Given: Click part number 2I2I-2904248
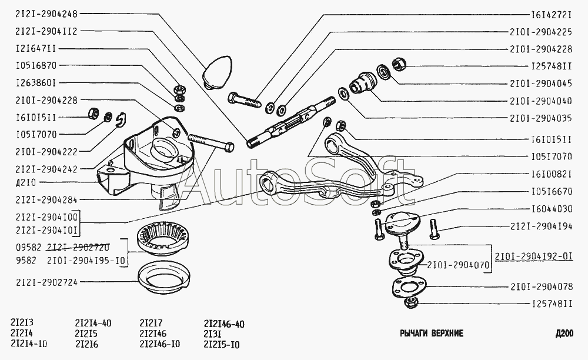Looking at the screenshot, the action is [x=46, y=14].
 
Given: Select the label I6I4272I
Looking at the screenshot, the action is [x=552, y=15].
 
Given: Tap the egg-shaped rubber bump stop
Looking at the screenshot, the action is [x=218, y=72].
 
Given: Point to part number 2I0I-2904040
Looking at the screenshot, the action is [x=541, y=101].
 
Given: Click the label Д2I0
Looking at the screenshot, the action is [x=26, y=182].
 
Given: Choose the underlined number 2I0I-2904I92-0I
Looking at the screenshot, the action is [x=534, y=256].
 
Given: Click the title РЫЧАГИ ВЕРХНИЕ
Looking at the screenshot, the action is [x=431, y=334].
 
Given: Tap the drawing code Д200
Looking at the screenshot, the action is [x=564, y=334].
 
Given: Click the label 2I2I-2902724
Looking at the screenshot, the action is [x=46, y=282].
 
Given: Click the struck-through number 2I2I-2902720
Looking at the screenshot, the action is [x=78, y=247].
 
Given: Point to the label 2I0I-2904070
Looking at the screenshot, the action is [x=458, y=265].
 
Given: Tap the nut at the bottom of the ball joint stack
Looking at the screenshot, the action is [x=411, y=302].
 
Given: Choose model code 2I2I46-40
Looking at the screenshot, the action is [x=224, y=324].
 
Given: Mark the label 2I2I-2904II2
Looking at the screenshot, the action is [x=46, y=31].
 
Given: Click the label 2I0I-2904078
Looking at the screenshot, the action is [x=541, y=287].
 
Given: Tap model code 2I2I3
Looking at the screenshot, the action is [x=22, y=322].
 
